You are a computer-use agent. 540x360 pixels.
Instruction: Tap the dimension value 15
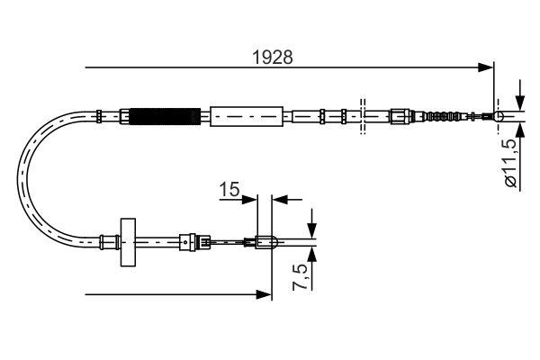pos(229,190)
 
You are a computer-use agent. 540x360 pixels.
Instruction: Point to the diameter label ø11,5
pos(509,162)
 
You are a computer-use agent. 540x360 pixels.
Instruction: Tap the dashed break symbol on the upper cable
pos(362,116)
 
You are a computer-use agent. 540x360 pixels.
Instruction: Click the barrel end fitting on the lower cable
pos(265,240)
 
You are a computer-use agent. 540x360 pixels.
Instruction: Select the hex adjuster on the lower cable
pos(186,240)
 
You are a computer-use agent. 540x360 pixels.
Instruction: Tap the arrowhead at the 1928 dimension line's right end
pos(487,67)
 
